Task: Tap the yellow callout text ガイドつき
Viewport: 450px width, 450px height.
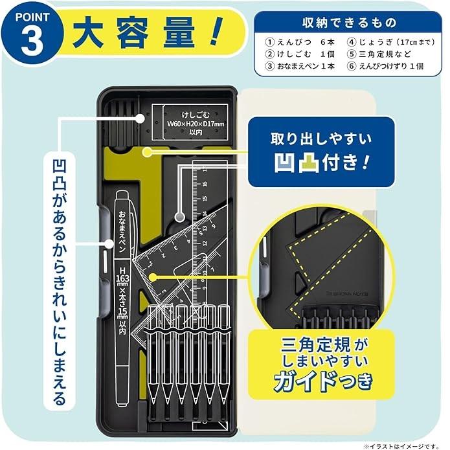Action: coord(322,380)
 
